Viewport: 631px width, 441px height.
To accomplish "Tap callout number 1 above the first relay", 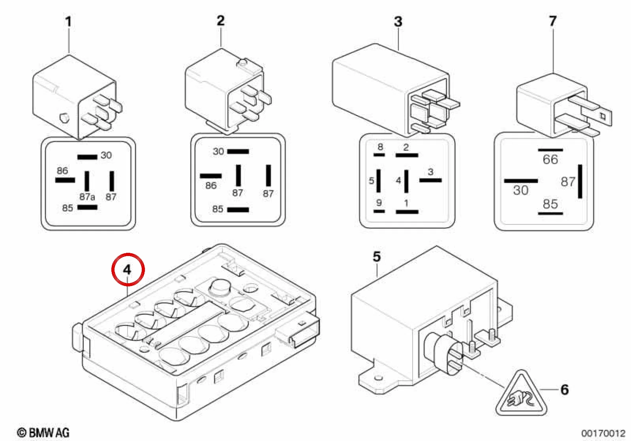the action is tap(68, 22).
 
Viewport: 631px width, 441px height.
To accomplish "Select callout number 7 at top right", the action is tap(553, 21).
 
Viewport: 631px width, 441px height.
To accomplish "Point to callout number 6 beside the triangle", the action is tap(565, 389).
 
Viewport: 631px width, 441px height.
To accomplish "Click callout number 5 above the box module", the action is tap(377, 257).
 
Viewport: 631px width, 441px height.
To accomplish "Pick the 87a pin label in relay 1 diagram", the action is tap(87, 197).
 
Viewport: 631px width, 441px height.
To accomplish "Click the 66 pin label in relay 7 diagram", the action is tap(550, 160).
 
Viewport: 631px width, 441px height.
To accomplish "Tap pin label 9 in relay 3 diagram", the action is tap(379, 203).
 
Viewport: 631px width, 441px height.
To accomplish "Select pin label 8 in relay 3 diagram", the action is tap(380, 147).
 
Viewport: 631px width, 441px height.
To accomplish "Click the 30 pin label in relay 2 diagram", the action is tap(218, 151).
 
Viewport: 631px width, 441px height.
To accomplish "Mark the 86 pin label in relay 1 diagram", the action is tap(62, 170).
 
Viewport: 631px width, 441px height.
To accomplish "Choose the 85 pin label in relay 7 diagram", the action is tap(550, 204).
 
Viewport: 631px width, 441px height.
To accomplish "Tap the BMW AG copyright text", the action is tap(43, 433).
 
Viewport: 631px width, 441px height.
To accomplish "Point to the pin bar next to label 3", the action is tap(430, 180).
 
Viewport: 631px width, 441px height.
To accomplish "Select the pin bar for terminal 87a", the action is tap(87, 181).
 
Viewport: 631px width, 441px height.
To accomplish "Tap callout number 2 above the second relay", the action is tap(221, 21).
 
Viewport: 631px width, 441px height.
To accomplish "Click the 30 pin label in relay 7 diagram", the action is tap(520, 190).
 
